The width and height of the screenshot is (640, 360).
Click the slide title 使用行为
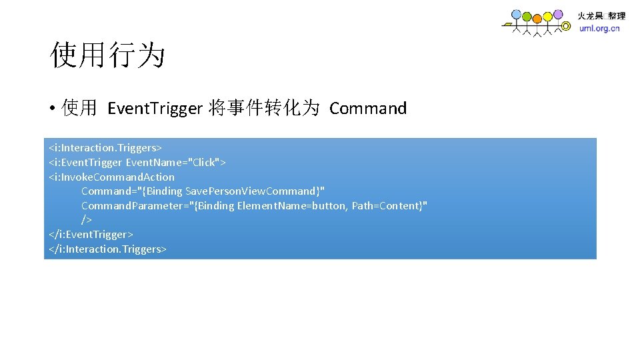(107, 55)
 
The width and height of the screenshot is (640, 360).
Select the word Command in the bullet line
(367, 109)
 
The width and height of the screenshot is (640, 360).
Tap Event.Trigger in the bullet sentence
(154, 109)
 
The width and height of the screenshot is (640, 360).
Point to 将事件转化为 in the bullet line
(264, 109)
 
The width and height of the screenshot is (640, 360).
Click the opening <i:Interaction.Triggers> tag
(105, 147)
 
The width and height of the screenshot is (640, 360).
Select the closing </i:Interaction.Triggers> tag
(107, 249)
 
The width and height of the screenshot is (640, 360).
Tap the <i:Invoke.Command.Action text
(111, 177)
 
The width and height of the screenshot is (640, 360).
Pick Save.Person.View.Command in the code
(252, 191)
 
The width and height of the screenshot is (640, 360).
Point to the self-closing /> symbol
(87, 220)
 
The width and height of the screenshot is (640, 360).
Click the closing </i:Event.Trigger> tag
(91, 235)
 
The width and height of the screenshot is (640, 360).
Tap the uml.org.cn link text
(599, 29)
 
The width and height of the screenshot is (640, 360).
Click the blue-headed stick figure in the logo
(517, 15)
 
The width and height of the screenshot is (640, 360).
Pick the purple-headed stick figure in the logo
(558, 13)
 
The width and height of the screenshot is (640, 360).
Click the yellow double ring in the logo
(566, 27)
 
